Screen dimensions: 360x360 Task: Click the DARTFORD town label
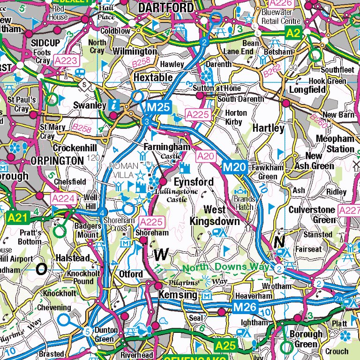tap(166, 7)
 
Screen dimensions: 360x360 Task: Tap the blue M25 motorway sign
tap(157, 108)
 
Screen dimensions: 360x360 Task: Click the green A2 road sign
tap(293, 33)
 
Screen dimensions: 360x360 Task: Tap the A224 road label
tap(63, 199)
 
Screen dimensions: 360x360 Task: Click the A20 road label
tap(205, 156)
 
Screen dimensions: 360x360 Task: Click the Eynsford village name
tap(194, 181)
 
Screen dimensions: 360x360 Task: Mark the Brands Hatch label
tap(244, 202)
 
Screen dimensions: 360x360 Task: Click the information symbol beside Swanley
tap(114, 105)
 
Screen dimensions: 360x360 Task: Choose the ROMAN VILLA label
tap(124, 169)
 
